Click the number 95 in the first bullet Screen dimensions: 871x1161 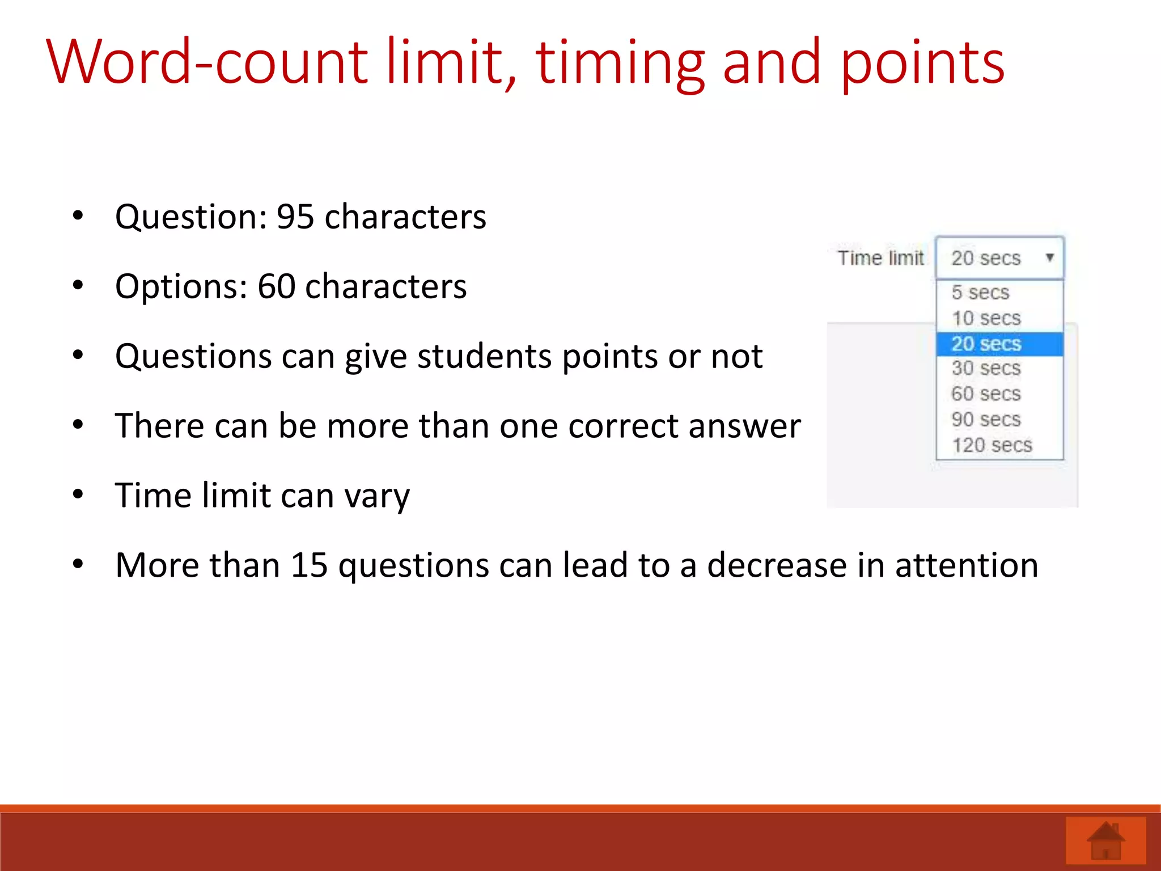tap(295, 217)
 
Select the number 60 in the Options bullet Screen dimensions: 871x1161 tap(276, 286)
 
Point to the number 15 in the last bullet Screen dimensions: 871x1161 tap(309, 565)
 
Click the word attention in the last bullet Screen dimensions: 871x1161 tap(967, 565)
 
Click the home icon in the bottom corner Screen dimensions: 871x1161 tap(1105, 841)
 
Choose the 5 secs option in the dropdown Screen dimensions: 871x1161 tap(980, 293)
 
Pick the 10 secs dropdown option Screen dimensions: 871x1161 tap(986, 318)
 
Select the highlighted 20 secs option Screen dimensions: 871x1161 tap(986, 344)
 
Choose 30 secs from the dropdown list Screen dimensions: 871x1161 tap(986, 369)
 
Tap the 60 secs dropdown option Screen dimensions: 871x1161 tap(986, 394)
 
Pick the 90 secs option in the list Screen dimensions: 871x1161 tap(986, 420)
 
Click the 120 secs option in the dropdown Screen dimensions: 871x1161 tap(991, 445)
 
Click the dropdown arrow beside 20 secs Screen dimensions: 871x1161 tap(1049, 257)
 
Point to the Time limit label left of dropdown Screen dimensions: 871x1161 tap(880, 259)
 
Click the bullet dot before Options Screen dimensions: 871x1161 tap(78, 285)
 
